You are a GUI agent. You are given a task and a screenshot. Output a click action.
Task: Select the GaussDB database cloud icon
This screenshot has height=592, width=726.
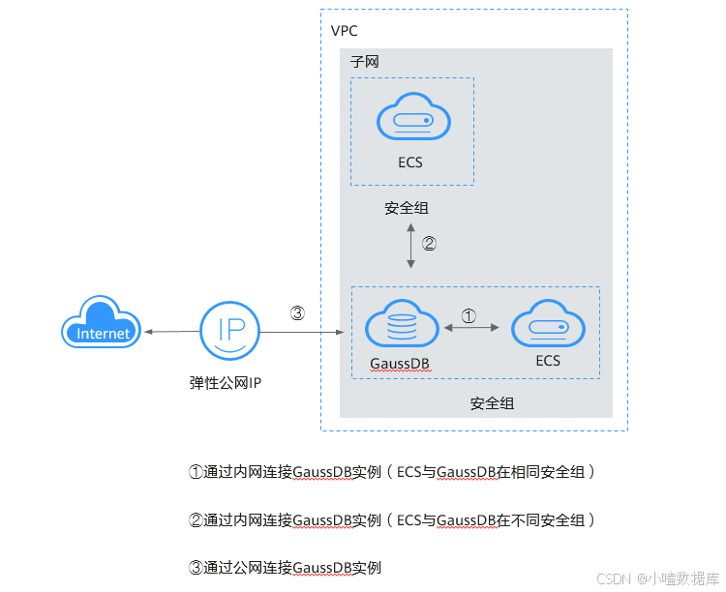(x=399, y=325)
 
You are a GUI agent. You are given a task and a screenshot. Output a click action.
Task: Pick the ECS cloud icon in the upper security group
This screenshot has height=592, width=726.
(x=411, y=120)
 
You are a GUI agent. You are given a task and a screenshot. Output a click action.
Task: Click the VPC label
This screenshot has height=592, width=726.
(x=344, y=30)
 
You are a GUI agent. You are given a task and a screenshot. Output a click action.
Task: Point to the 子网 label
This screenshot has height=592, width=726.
(x=364, y=61)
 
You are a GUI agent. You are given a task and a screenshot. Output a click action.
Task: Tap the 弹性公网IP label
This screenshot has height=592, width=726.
(x=226, y=382)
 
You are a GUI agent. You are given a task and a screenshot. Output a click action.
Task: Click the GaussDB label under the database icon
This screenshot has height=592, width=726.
(x=399, y=363)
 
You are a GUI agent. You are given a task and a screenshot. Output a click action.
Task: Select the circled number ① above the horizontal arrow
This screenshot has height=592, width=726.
(x=468, y=315)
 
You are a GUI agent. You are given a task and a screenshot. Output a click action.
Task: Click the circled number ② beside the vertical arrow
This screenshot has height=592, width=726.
(x=429, y=244)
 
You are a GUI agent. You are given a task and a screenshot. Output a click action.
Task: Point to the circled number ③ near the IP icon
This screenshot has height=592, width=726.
(x=297, y=312)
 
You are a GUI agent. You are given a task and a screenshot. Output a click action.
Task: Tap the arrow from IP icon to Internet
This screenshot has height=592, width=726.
(x=170, y=332)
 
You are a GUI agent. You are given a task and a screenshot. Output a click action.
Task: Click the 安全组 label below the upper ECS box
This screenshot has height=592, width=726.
(x=407, y=208)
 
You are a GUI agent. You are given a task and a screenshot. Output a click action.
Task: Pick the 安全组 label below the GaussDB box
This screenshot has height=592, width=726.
(x=492, y=402)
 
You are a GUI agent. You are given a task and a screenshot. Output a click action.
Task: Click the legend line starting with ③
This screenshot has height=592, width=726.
(x=285, y=568)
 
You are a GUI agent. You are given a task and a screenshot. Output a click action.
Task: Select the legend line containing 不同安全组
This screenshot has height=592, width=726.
(x=391, y=520)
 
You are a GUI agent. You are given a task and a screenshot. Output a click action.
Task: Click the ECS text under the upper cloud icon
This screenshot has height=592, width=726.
(x=410, y=163)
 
